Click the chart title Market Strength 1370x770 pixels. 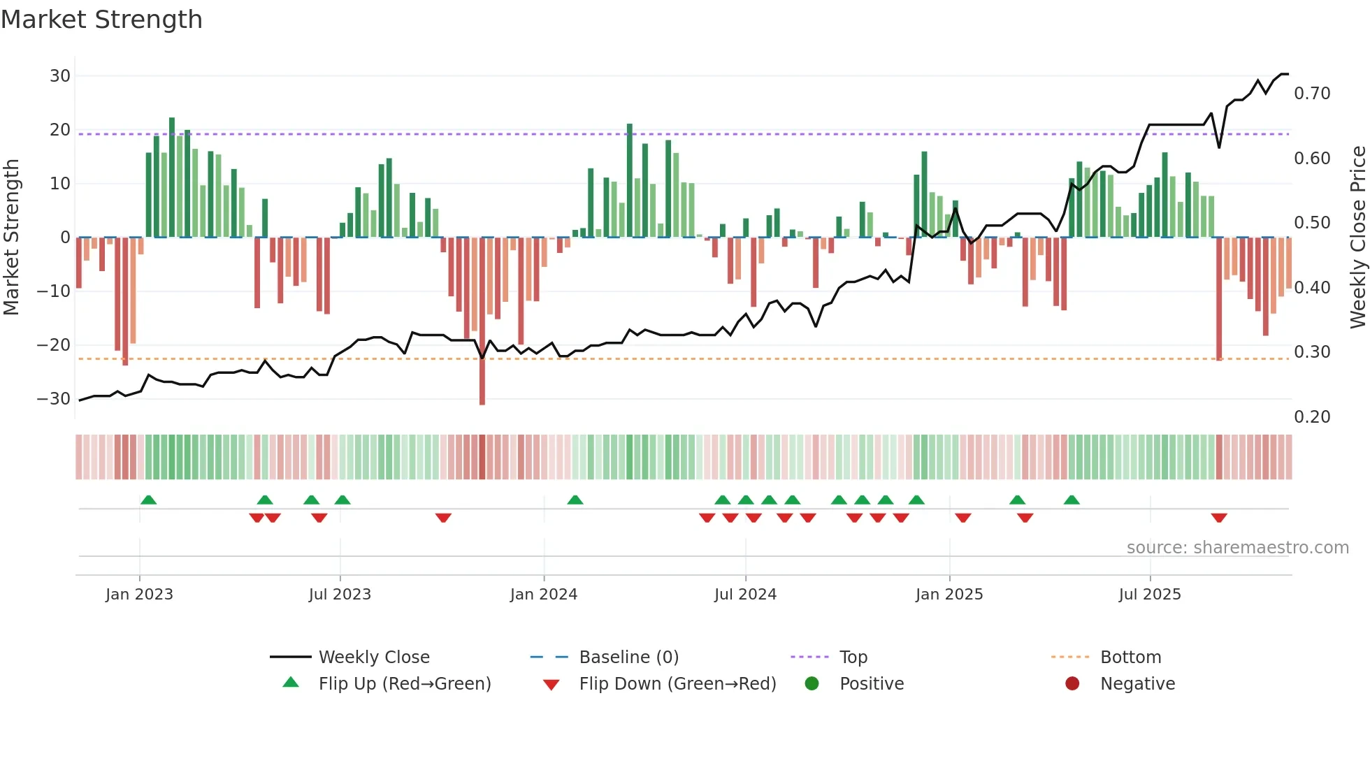(101, 20)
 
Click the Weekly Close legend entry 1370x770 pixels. (373, 657)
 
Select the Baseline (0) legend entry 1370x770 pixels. (628, 657)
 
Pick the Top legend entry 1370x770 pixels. (853, 657)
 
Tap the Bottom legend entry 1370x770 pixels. (1130, 657)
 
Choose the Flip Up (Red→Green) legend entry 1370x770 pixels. (404, 683)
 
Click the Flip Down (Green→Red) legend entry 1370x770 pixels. (677, 683)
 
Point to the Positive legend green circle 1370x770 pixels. (812, 683)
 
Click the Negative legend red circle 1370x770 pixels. (1072, 683)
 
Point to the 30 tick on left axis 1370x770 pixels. (60, 75)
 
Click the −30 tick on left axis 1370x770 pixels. (54, 398)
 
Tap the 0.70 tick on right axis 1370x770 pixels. (1312, 94)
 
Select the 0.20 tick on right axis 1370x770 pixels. (1312, 416)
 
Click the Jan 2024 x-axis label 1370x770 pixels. (544, 594)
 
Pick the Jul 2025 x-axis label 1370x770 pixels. (1150, 594)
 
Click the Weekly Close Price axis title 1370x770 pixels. (1357, 238)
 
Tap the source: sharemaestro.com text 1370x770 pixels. (1237, 547)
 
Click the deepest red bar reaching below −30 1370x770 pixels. (482, 321)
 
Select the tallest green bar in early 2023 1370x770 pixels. (172, 177)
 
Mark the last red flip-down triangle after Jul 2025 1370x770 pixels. (1219, 518)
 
